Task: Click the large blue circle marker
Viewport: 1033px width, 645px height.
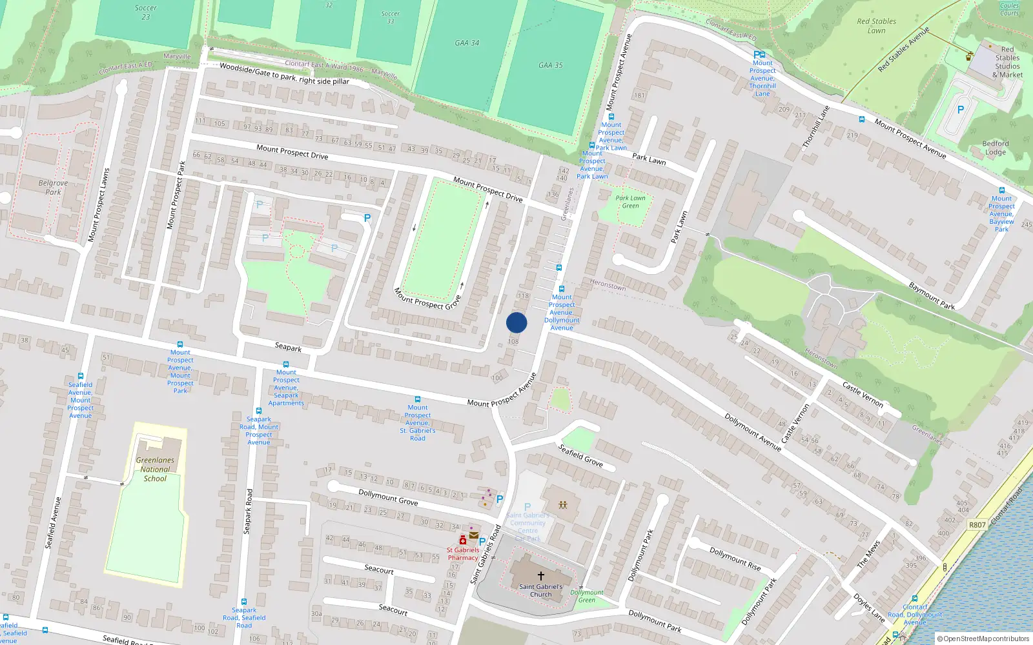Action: pos(516,322)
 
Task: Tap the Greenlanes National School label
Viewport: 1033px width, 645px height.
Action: pos(155,470)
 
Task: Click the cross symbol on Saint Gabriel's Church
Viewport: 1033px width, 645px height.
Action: pos(541,575)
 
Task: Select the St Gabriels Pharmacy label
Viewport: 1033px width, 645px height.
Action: pos(463,554)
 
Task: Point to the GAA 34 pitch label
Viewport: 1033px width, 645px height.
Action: pos(467,43)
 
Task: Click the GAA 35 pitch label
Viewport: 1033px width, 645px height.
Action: pos(551,65)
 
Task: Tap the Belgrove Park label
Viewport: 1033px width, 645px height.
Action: pos(53,188)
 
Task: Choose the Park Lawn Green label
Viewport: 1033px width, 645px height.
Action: pos(630,202)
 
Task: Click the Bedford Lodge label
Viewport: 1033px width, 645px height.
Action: pos(995,148)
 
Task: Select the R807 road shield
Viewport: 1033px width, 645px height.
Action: pos(977,525)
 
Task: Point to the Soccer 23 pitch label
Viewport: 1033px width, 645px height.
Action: pos(146,12)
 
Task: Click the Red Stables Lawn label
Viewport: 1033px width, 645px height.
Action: pos(876,26)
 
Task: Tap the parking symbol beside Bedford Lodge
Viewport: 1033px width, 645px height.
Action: pos(960,110)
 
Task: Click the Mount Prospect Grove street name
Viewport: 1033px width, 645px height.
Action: pos(427,299)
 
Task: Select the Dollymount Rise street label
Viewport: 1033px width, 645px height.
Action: pos(735,559)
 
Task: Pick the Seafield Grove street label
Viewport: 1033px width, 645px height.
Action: pos(580,455)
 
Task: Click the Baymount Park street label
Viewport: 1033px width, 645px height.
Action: pos(932,295)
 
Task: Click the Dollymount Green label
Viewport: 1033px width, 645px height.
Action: pos(587,596)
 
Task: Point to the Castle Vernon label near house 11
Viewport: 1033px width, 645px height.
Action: pos(863,393)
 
